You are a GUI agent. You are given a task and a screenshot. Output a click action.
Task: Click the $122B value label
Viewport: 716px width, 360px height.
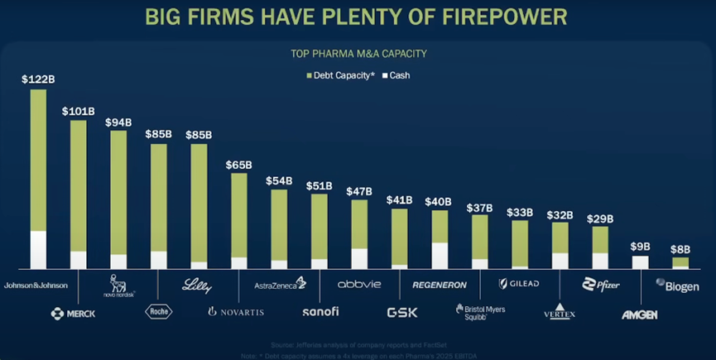(37, 79)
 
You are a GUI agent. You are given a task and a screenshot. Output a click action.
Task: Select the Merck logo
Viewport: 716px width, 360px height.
(73, 313)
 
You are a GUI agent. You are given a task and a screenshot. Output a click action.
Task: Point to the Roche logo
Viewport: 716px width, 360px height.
(158, 312)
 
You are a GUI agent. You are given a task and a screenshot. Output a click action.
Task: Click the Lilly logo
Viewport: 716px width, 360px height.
(196, 285)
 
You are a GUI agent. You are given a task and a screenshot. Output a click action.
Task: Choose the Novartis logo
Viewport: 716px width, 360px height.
(236, 312)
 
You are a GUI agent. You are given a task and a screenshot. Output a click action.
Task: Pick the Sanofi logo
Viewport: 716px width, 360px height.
(320, 312)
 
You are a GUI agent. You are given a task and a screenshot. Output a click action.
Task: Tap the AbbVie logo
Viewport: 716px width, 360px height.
(359, 284)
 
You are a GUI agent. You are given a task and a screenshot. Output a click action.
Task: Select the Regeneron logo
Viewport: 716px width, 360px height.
(439, 285)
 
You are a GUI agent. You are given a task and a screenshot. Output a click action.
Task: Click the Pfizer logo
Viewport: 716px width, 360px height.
(600, 285)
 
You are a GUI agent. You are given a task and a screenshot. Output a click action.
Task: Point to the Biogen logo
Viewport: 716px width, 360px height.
(677, 286)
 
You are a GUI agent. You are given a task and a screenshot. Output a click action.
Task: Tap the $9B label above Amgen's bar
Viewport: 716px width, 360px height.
(640, 247)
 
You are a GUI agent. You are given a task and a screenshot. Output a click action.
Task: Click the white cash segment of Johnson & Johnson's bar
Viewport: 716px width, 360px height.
(38, 250)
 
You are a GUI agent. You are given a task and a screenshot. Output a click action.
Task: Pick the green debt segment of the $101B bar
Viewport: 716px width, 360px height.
(78, 186)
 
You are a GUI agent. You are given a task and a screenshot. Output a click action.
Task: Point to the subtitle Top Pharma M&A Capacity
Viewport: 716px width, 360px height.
(358, 55)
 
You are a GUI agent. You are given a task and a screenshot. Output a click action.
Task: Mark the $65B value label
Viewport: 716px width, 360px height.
(238, 165)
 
